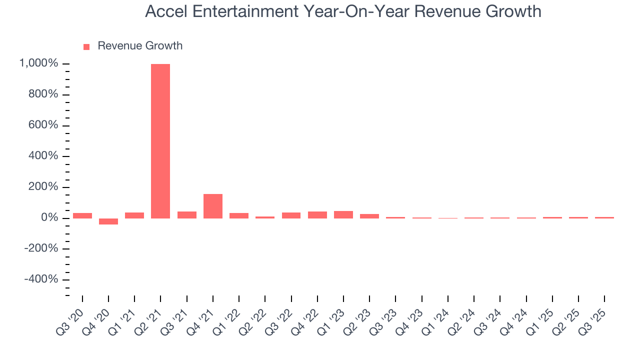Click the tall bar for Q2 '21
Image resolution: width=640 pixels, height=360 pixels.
(x=160, y=141)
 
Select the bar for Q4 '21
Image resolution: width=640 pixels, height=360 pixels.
(x=212, y=206)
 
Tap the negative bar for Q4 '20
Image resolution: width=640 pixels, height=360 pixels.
(x=108, y=221)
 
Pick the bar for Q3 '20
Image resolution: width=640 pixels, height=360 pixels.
(x=82, y=215)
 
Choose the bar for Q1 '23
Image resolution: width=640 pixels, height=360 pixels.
(x=343, y=214)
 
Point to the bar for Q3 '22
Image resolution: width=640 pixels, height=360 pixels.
(x=291, y=215)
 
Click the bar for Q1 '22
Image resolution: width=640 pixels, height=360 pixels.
(x=239, y=215)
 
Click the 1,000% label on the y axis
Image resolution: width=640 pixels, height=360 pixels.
(x=38, y=63)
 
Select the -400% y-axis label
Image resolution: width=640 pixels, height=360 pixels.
(x=41, y=279)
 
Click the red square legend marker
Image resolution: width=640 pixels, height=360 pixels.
(x=86, y=46)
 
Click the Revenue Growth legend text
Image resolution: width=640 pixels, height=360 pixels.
(x=140, y=46)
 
